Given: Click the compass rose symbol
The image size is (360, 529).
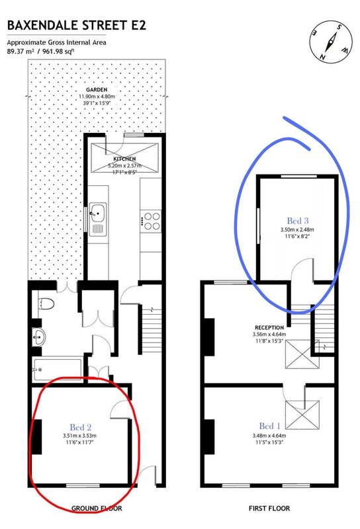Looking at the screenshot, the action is click(331, 42).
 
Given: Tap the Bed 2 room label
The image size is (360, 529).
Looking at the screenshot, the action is click(80, 427).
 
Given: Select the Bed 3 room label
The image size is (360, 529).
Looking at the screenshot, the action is click(298, 221).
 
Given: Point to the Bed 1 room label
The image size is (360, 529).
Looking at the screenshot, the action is click(269, 426).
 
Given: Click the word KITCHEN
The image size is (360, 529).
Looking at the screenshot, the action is click(124, 159).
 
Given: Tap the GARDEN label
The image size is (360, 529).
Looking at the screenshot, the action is click(97, 90).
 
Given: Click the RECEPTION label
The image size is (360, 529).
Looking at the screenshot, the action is click(269, 327).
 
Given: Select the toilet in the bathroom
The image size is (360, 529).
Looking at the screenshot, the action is click(46, 304).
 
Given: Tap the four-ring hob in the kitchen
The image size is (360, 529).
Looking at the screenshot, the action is click(152, 221).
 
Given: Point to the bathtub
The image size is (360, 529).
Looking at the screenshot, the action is click(58, 370).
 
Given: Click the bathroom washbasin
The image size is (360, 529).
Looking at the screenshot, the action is click(39, 337).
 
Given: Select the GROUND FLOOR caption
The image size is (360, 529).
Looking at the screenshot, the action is click(97, 509).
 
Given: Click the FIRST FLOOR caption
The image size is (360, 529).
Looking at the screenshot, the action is click(269, 509).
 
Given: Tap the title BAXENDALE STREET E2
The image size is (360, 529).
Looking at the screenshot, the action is click(76, 26).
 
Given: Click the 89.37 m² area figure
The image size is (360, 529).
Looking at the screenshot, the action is click(21, 52).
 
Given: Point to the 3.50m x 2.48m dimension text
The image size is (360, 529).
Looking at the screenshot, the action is click(297, 229).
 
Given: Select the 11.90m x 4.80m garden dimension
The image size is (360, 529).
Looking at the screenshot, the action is click(97, 97).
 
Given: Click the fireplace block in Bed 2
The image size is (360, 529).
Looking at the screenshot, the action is click(37, 436).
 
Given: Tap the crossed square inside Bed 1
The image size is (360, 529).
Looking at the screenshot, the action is click(302, 415).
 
